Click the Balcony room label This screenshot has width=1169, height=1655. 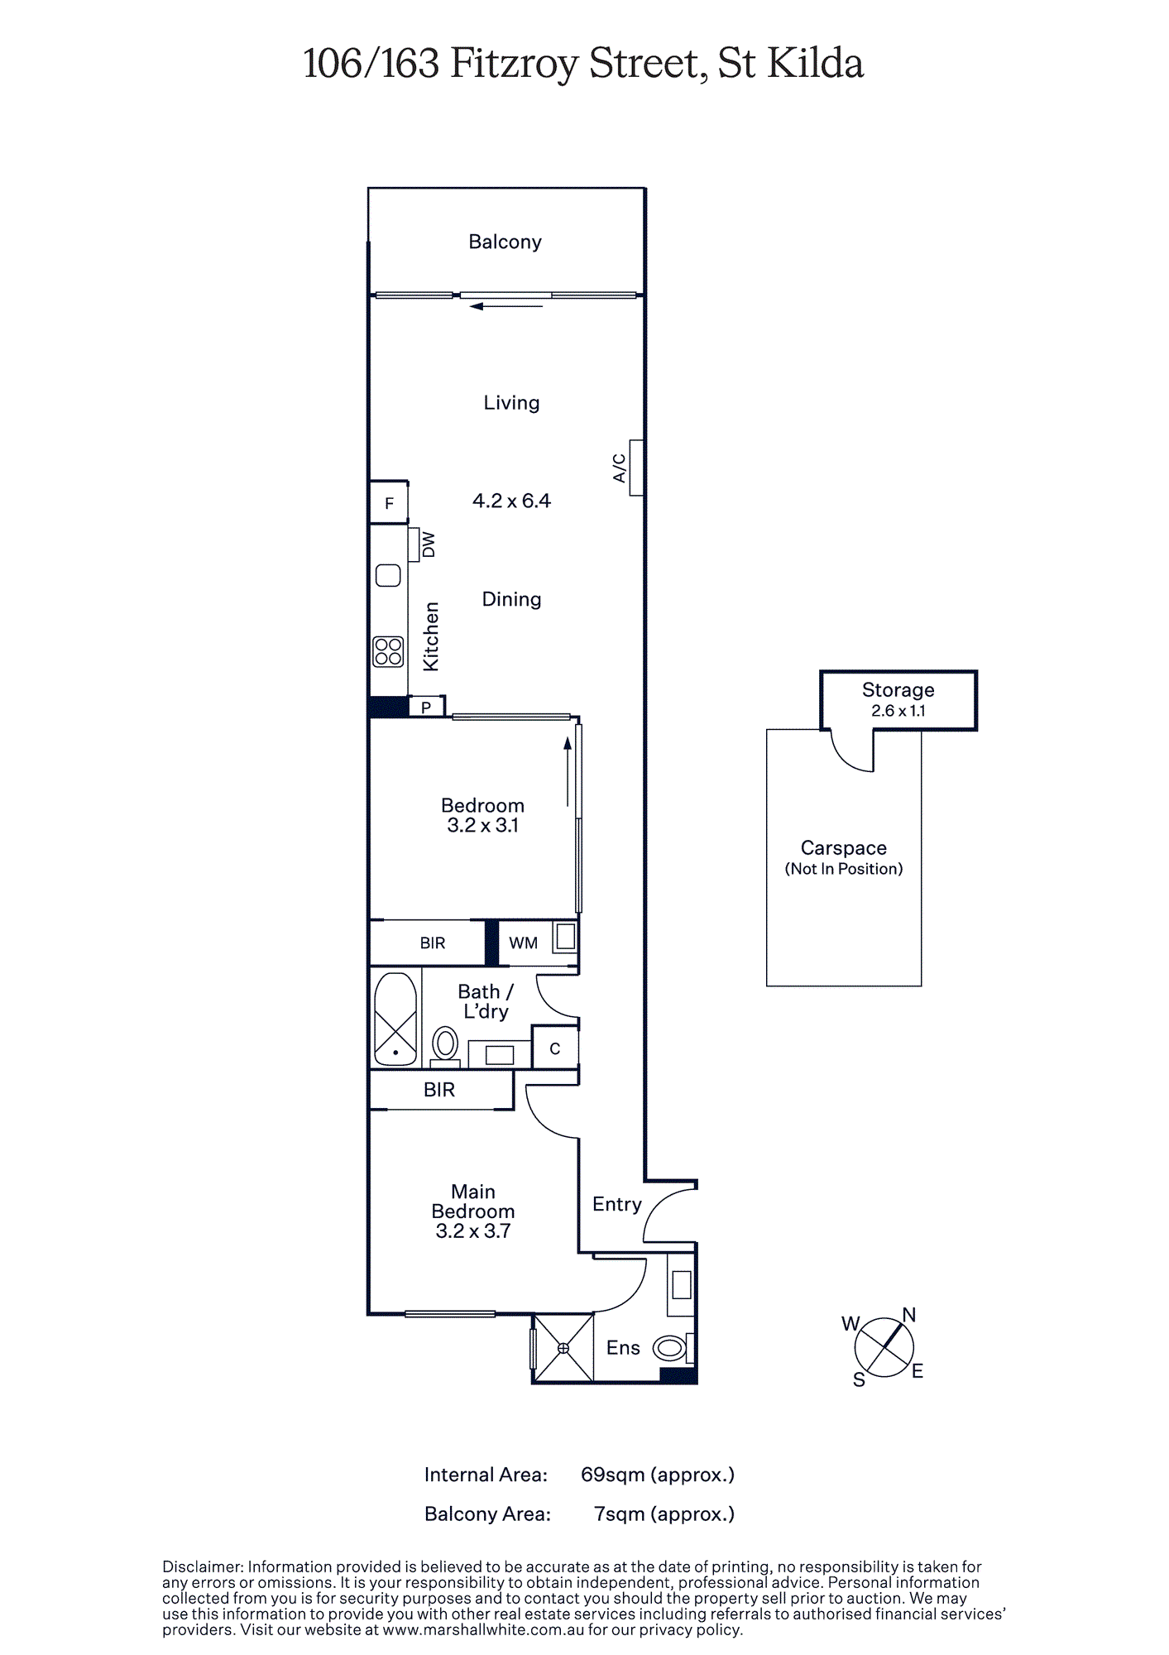point(505,242)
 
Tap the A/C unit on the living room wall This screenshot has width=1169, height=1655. point(636,468)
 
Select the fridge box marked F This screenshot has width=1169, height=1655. point(389,502)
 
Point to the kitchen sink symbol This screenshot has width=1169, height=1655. point(388,575)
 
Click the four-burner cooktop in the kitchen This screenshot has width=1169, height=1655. point(388,651)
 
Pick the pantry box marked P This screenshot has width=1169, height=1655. point(427,707)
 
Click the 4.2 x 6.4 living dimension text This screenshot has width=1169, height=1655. point(511,501)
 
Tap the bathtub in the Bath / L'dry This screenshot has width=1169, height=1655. point(395,1019)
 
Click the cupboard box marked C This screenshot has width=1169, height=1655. point(554,1048)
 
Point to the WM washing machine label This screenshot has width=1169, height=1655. point(523,943)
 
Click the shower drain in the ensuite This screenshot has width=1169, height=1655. point(563,1348)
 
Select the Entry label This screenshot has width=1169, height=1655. point(617,1205)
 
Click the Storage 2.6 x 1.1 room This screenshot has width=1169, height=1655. point(898,700)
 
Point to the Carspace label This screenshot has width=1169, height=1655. point(844,848)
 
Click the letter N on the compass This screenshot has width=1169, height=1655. point(909,1315)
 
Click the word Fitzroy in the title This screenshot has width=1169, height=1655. point(513,64)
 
